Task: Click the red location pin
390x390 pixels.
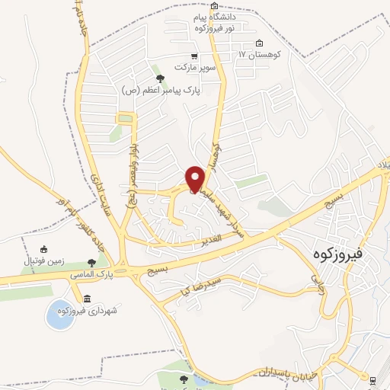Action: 195,178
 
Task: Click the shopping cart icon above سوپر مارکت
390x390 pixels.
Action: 195,56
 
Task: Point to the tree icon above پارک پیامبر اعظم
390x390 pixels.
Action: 159,78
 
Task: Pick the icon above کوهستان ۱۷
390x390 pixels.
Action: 259,43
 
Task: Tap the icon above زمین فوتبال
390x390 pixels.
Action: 43,249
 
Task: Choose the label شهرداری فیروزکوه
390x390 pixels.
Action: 91,311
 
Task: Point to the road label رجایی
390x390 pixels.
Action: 318,288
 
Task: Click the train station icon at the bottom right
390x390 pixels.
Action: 372,380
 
